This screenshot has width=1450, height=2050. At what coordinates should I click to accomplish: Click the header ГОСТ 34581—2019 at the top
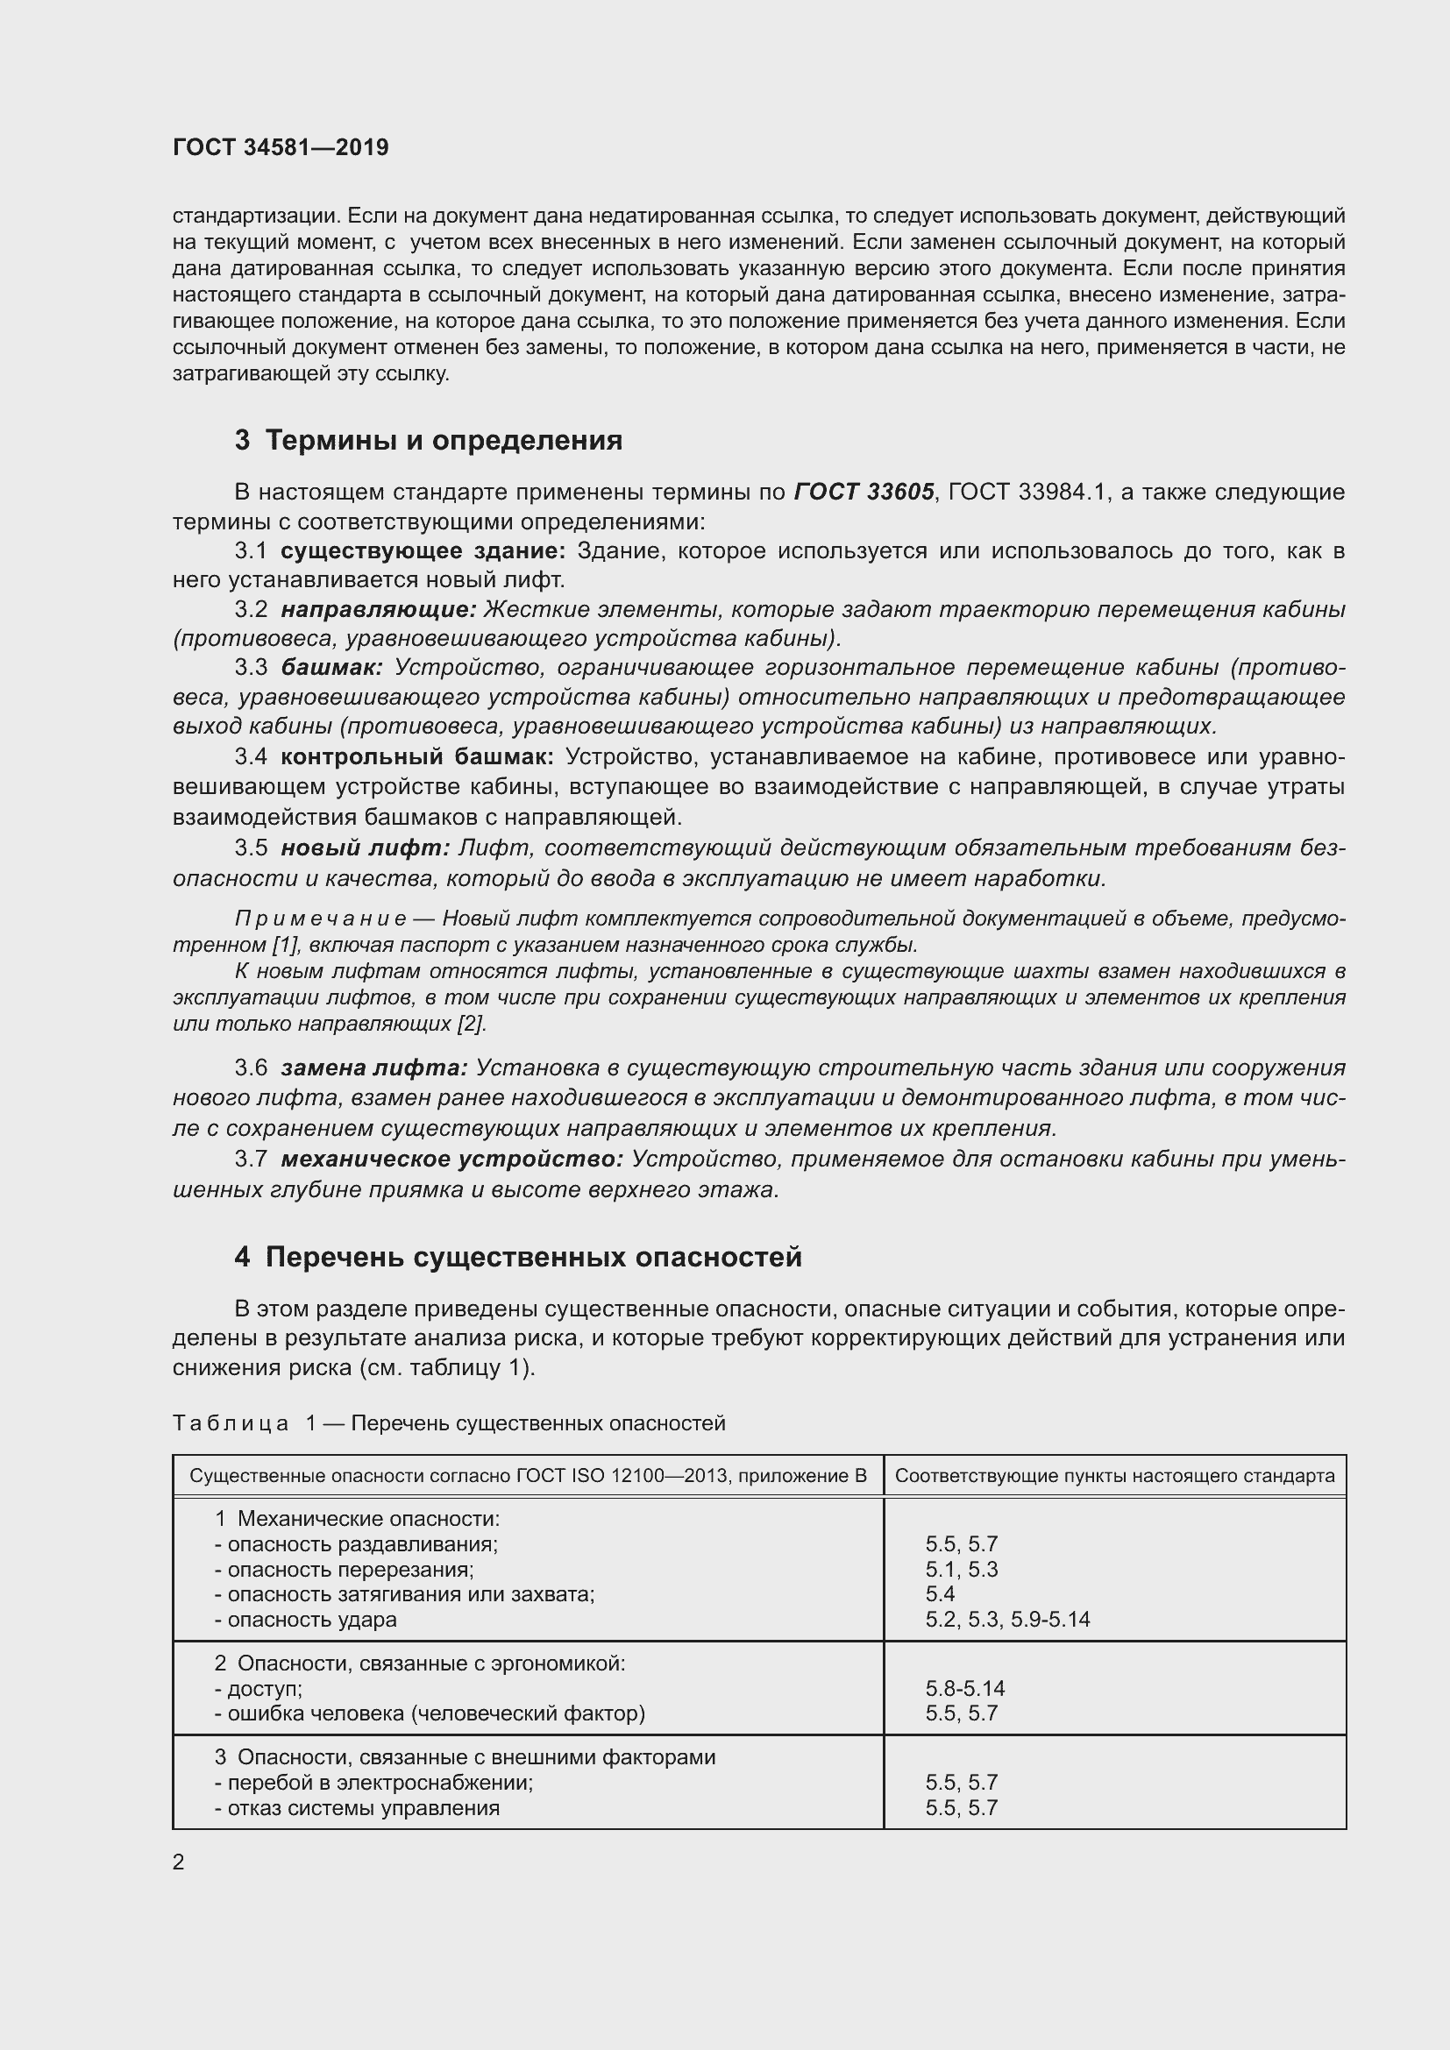281,147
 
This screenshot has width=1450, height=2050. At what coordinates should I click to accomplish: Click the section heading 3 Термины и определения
429,440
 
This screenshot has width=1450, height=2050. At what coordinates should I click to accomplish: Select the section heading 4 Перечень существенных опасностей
518,1257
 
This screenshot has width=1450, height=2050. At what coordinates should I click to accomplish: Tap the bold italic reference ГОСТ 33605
864,492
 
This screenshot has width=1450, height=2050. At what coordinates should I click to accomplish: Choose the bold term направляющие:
379,610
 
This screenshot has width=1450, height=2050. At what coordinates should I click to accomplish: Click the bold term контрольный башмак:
417,757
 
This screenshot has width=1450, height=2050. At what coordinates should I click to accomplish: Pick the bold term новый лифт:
366,848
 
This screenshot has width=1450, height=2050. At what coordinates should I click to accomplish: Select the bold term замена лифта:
374,1068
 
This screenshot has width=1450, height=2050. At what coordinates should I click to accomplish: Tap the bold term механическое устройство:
451,1159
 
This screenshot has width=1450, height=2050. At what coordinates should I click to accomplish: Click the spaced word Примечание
321,919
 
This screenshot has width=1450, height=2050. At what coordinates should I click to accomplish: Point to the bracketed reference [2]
472,1024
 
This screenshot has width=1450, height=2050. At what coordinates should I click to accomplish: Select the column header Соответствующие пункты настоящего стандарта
1114,1476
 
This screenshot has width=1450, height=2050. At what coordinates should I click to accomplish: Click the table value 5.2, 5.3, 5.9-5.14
1007,1620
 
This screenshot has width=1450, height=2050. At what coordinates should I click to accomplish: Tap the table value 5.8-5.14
964,1688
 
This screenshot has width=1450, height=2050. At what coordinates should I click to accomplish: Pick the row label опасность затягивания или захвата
403,1594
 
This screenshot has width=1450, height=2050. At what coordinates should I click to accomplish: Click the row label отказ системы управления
356,1808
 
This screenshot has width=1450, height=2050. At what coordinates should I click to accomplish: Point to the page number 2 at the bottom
179,1862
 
